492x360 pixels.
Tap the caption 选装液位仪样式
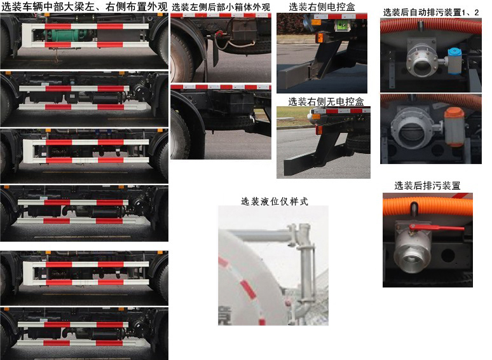(274, 201)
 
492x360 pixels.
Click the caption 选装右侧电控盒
(322, 7)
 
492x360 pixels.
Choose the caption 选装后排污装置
(427, 186)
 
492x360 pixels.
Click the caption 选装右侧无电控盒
(326, 101)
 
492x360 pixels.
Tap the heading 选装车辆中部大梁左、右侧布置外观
(84, 7)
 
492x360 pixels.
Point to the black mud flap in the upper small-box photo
(210, 48)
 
